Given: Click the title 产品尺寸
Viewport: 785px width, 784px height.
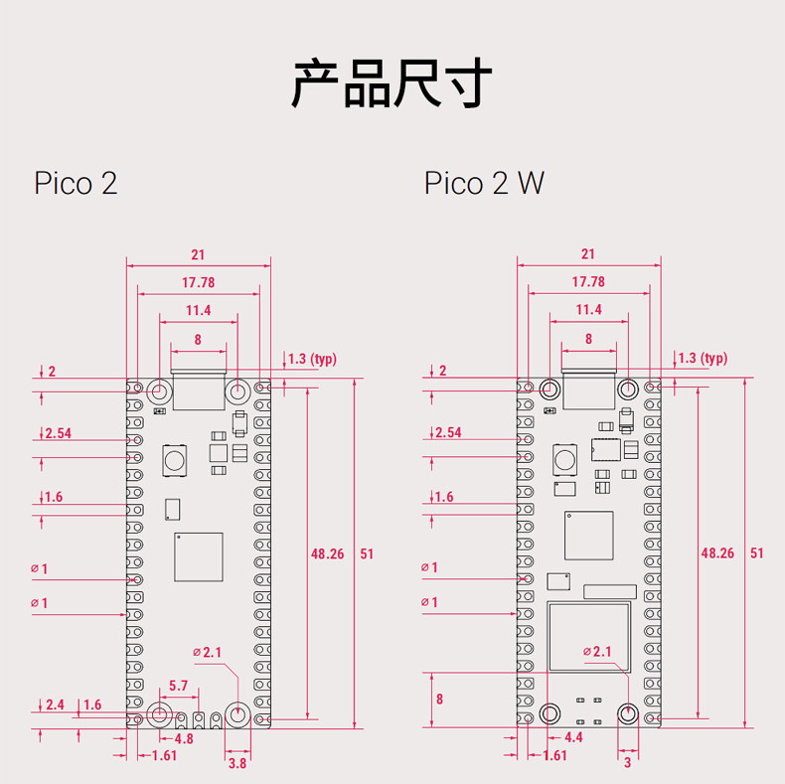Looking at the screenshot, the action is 392,82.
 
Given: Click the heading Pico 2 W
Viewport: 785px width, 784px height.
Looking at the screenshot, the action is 484,183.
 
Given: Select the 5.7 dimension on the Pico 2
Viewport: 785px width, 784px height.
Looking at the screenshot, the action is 178,686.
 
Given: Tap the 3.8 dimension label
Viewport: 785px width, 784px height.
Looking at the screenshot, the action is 237,763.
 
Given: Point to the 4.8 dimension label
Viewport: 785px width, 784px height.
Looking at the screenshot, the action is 184,738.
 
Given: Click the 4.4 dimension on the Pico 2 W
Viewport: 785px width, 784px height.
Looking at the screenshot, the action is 573,737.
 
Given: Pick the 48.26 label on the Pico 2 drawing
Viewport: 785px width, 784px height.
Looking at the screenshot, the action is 328,553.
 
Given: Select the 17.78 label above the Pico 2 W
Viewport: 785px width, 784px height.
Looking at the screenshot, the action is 588,282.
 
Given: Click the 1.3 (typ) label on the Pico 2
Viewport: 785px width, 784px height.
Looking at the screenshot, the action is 312,359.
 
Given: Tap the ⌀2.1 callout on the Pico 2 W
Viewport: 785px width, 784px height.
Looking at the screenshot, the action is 597,651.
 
